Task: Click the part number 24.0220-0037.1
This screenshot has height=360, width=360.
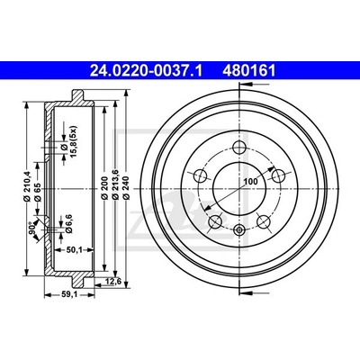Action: point(147,71)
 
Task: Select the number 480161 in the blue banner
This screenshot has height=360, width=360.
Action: point(248,71)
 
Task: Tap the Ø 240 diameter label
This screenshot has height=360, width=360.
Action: point(126,188)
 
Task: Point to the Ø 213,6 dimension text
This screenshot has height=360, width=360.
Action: point(115,184)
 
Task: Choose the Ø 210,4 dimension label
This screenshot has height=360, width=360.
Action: point(27,185)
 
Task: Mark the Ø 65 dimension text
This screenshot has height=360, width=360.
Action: point(38,191)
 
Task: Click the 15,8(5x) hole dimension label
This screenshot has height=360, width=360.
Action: point(69,141)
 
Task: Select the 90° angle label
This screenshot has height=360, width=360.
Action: point(31,228)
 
